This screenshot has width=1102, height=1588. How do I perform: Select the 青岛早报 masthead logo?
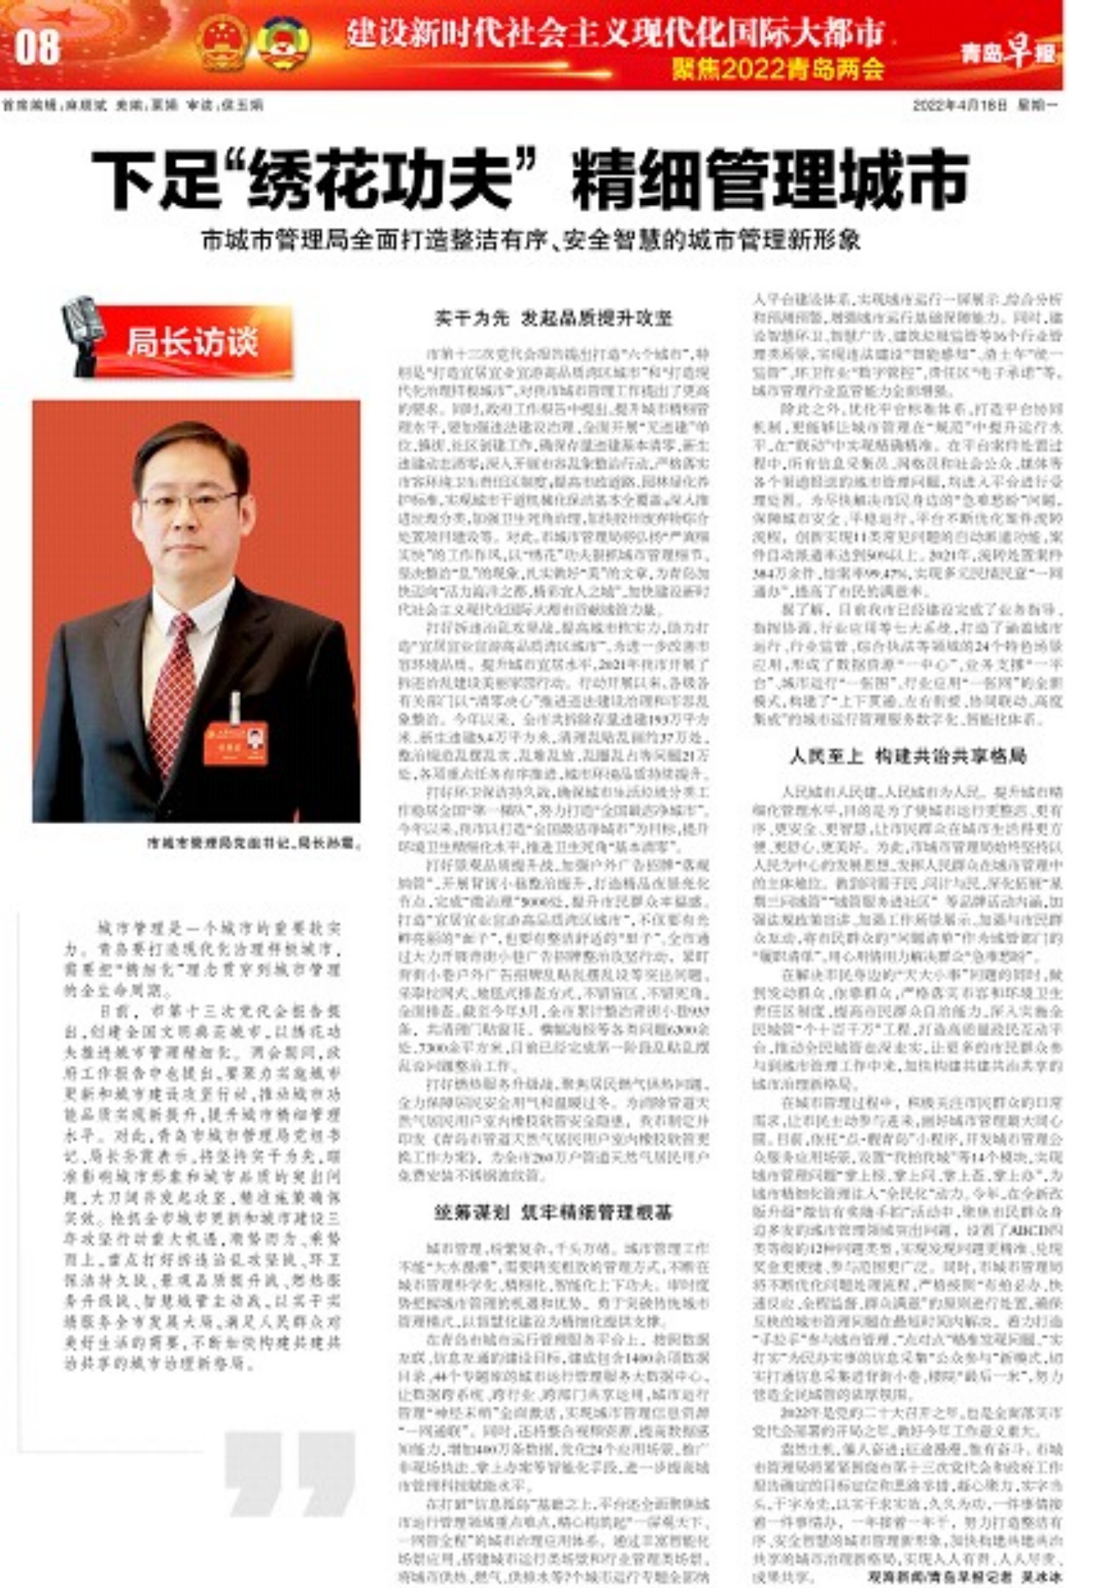click(x=1008, y=51)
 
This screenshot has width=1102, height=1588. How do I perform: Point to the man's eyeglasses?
click(x=189, y=502)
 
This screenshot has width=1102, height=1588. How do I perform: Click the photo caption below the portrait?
click(x=253, y=843)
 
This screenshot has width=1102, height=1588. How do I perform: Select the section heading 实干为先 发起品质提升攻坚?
click(x=552, y=318)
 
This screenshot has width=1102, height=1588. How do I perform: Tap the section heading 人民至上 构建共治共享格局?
click(x=907, y=756)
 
